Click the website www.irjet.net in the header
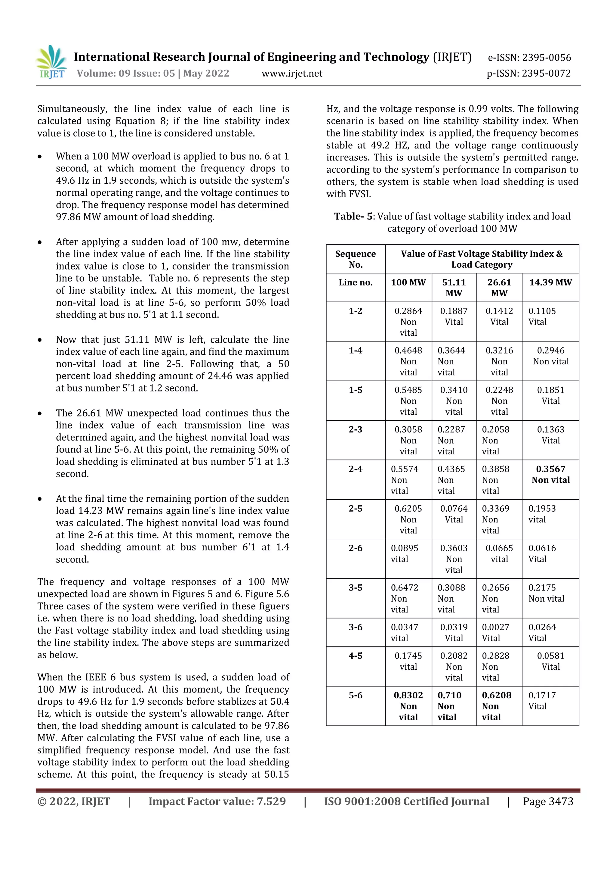tap(292, 73)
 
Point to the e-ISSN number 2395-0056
tap(529, 58)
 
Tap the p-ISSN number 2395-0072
tap(529, 73)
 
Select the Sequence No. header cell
tap(356, 259)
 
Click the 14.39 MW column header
tap(550, 282)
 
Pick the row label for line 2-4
tap(356, 469)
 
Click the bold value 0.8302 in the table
tap(408, 695)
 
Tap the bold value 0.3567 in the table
tap(550, 469)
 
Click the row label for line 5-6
tap(356, 695)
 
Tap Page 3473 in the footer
tap(548, 801)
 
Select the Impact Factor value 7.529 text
tap(217, 801)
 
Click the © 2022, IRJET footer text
tap(74, 801)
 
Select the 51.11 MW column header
tap(454, 288)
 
